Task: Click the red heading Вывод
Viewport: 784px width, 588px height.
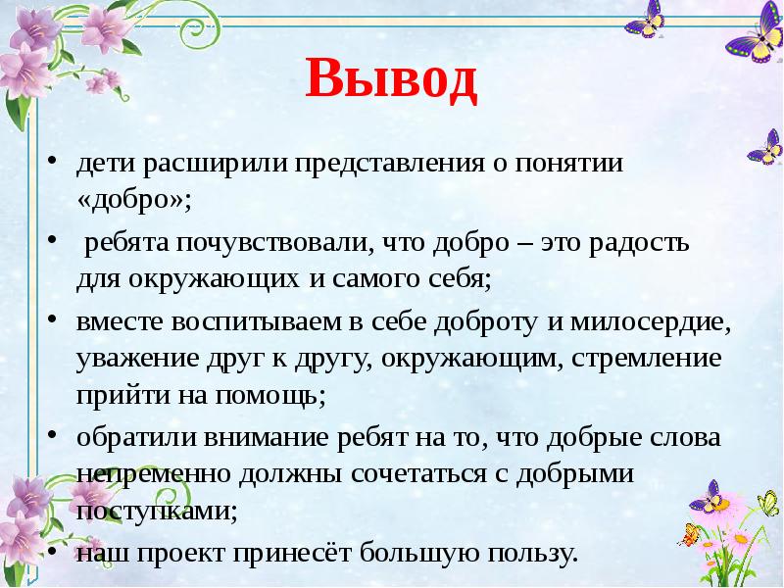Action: [391, 81]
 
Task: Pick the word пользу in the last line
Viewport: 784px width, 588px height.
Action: [529, 554]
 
